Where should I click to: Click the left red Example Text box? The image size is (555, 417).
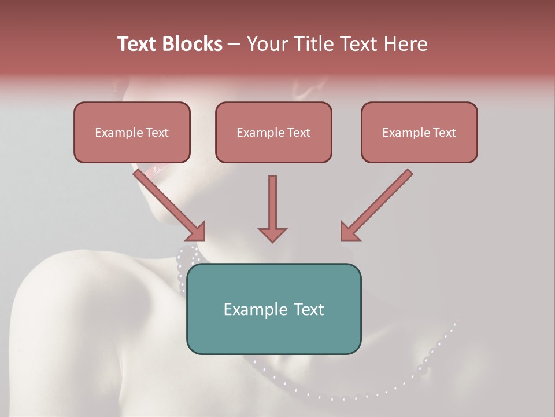[132, 132]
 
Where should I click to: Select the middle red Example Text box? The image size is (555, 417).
[273, 132]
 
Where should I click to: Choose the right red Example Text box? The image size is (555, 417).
[419, 132]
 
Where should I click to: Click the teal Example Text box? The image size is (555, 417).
[273, 309]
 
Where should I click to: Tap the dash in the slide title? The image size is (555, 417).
[234, 44]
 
